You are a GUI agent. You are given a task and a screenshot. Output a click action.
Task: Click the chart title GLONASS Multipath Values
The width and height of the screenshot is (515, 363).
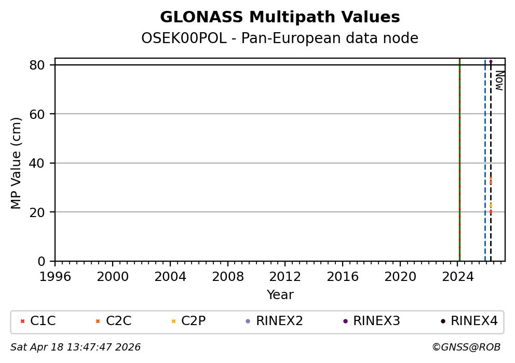(x=280, y=17)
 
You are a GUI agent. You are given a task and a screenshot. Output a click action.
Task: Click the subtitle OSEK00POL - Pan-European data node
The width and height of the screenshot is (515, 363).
(x=280, y=38)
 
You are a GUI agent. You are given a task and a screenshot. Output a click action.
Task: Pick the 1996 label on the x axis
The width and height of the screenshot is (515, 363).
(x=56, y=276)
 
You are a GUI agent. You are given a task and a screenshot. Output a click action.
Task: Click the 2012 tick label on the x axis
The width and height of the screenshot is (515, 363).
(x=285, y=276)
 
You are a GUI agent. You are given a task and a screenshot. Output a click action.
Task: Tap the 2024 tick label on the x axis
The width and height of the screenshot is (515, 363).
(x=457, y=276)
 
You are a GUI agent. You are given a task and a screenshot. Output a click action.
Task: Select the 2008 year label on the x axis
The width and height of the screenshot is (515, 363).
(x=228, y=276)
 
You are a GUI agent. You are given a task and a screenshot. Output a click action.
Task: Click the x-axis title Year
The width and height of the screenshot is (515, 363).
(x=280, y=295)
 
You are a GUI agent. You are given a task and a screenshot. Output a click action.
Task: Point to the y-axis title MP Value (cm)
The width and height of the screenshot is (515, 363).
(x=17, y=163)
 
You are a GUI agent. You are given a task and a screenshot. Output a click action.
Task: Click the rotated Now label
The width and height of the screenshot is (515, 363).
(x=499, y=80)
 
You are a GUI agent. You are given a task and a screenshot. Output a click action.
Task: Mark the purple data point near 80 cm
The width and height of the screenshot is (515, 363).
(x=491, y=61)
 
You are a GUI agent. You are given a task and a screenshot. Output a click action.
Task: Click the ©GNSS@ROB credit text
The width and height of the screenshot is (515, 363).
(x=466, y=347)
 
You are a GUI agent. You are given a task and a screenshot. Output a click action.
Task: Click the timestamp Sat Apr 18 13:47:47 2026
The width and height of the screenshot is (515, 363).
(x=76, y=347)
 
